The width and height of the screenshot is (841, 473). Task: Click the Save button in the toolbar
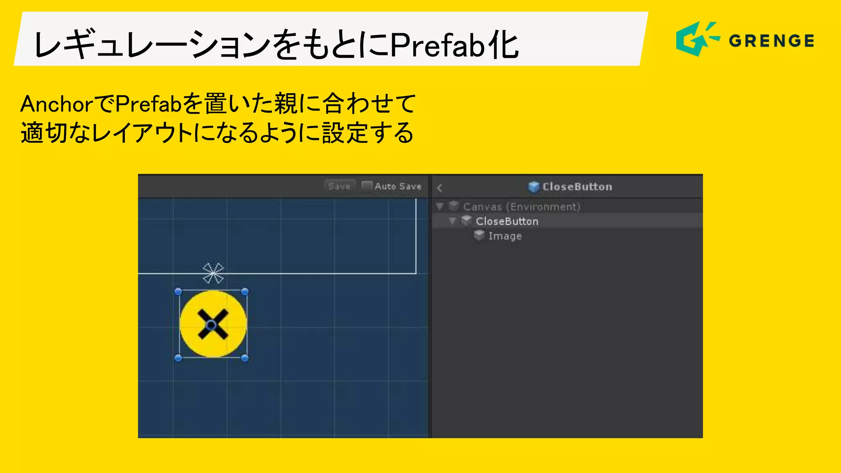pos(339,186)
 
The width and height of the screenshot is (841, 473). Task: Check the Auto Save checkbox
pos(367,186)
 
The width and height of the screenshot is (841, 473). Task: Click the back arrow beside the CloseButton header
pos(439,188)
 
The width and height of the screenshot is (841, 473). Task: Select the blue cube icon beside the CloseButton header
pos(533,187)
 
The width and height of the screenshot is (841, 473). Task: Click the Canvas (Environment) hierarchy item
pos(522,207)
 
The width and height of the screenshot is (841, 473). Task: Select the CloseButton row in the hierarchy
pos(507,221)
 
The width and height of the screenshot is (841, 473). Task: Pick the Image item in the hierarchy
pos(505,236)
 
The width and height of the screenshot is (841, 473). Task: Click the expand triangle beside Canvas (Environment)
pos(440,206)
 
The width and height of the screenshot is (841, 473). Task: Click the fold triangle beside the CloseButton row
pos(453,221)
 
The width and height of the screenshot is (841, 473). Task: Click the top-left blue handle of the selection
pos(178,292)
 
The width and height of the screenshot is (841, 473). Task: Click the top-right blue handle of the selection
pos(245,292)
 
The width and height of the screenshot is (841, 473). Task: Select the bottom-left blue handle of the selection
pos(178,358)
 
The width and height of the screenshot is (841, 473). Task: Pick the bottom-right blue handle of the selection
pos(245,358)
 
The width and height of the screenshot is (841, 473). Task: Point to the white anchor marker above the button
pos(213,273)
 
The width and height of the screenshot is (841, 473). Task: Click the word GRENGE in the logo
pos(771,41)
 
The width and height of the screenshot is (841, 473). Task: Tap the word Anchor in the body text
pos(57,104)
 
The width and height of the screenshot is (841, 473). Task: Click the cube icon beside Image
pos(479,236)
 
